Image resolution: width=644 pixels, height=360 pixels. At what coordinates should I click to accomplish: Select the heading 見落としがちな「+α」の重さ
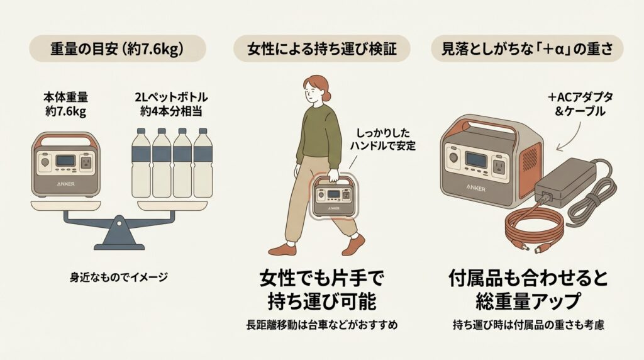pos(526,48)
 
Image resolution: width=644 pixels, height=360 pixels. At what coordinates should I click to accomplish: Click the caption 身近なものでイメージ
pos(118,276)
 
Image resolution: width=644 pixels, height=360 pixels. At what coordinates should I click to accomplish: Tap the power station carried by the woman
pos(332,196)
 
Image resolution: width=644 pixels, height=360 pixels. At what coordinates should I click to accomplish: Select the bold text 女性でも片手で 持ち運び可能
pos(322,290)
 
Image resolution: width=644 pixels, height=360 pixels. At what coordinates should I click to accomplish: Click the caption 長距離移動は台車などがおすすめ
pos(322,325)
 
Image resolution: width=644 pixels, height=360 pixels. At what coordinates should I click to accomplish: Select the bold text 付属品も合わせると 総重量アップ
pos(527,290)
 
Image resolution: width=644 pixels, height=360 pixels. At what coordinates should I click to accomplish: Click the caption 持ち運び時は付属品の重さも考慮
pos(527,325)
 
